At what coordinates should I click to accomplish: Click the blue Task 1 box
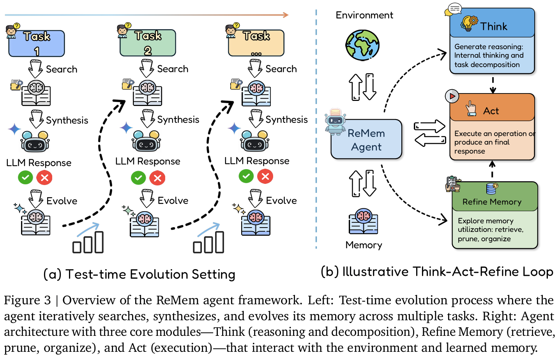[37, 43]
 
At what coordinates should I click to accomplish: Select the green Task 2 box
[148, 43]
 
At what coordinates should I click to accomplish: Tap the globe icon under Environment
[362, 45]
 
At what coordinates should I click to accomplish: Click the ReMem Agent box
[366, 139]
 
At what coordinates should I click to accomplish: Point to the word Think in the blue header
[494, 26]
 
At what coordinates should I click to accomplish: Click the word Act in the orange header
[491, 111]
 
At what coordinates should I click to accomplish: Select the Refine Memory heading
[492, 202]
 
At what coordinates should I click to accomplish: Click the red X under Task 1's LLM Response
[44, 178]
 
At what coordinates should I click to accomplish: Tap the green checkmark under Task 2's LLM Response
[138, 178]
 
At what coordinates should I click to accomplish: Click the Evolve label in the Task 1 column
[62, 201]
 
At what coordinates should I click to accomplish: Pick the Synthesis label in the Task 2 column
[178, 120]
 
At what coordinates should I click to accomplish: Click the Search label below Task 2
[173, 69]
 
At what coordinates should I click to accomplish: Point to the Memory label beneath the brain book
[364, 245]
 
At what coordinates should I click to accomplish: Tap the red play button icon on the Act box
[452, 96]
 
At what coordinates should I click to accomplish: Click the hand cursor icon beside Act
[471, 109]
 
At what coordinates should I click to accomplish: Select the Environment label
[364, 15]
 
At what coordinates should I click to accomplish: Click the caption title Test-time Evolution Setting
[150, 274]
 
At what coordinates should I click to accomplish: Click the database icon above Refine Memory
[492, 189]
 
